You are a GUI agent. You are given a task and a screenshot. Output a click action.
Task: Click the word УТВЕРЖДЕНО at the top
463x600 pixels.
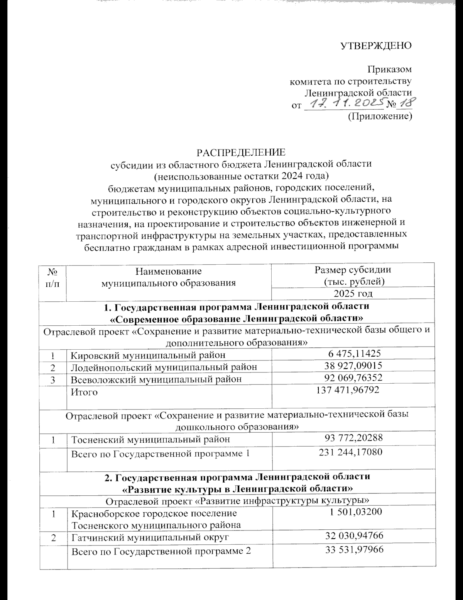376,46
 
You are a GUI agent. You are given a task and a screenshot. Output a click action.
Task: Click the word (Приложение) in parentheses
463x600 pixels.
380,116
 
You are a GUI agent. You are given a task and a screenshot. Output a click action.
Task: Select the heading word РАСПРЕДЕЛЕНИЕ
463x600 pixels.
242,152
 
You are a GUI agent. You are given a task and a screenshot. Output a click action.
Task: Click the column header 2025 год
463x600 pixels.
353,293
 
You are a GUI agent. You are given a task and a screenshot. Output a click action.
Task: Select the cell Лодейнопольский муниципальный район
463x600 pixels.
164,367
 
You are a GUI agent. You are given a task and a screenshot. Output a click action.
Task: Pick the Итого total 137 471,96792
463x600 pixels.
348,390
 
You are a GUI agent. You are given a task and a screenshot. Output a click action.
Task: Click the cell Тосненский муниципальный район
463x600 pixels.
151,439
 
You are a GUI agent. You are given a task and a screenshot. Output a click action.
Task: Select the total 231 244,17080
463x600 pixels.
350,452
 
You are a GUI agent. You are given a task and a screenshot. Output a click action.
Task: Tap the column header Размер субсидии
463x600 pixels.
353,270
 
